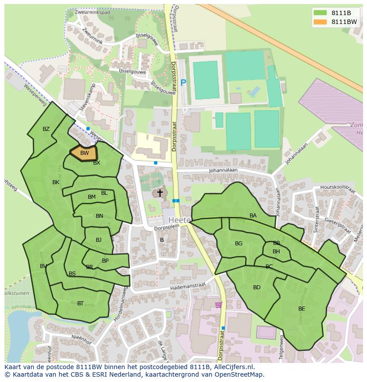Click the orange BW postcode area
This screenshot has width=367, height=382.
pyautogui.click(x=84, y=153)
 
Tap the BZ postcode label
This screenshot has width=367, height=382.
pyautogui.click(x=46, y=129)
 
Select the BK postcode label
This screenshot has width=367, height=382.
pyautogui.click(x=56, y=182)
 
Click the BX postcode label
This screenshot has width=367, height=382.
pyautogui.click(x=97, y=163)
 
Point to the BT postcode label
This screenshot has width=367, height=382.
pyautogui.click(x=80, y=303)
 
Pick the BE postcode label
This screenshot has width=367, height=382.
pyautogui.click(x=301, y=309)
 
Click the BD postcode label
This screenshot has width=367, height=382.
pyautogui.click(x=257, y=287)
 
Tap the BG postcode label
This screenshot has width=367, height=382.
pyautogui.click(x=238, y=244)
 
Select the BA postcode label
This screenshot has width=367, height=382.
pyautogui.click(x=253, y=216)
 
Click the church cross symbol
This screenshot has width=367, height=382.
pyautogui.click(x=160, y=193)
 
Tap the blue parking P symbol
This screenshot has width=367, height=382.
pyautogui.click(x=183, y=82)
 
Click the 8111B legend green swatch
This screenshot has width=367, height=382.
pyautogui.click(x=320, y=12)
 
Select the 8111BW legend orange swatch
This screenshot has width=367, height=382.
pyautogui.click(x=320, y=22)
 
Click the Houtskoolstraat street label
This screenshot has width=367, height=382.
pyautogui.click(x=340, y=189)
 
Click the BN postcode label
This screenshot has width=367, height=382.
pyautogui.click(x=99, y=216)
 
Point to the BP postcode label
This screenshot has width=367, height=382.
pyautogui.click(x=105, y=261)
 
